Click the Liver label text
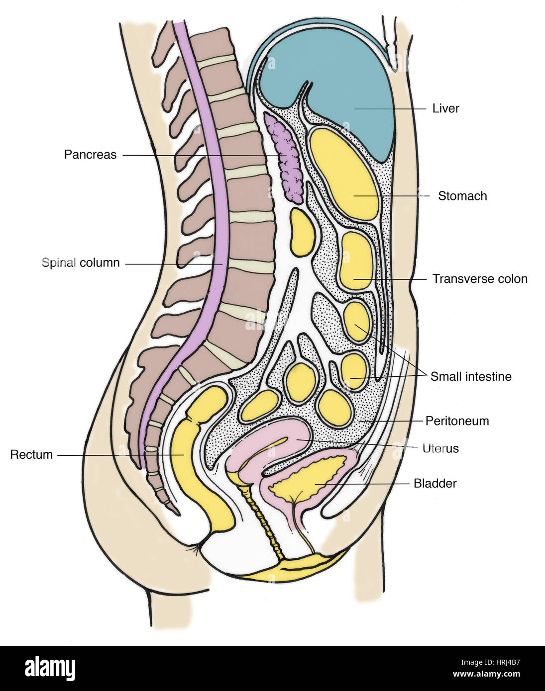445,108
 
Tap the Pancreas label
90,155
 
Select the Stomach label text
462,196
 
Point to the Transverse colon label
479,279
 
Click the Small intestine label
470,376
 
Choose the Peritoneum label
456,421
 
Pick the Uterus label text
440,448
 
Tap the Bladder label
435,483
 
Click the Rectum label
31,454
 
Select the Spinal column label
81,262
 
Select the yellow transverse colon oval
356,261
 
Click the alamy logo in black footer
50,668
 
